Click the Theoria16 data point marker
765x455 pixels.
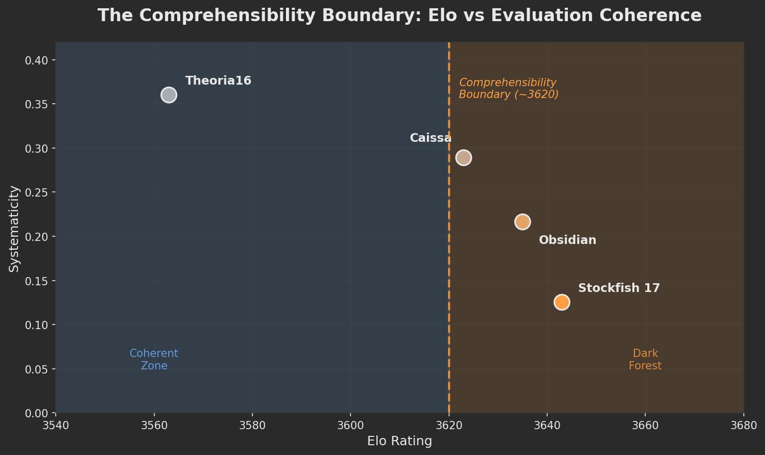[169, 95]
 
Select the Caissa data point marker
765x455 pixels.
[464, 157]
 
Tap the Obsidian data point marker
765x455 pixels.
[522, 222]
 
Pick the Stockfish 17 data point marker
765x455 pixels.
[562, 302]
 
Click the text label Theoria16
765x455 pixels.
[218, 81]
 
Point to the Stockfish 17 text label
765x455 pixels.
[618, 288]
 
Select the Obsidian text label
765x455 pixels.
[567, 240]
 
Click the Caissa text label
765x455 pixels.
[431, 138]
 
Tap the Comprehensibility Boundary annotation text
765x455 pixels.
[508, 89]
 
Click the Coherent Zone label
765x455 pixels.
[154, 360]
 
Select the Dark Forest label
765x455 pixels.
[645, 360]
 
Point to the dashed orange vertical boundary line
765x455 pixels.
[449, 258]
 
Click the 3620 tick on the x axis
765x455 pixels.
[449, 426]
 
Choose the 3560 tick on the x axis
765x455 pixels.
[154, 426]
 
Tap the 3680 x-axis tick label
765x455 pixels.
[743, 426]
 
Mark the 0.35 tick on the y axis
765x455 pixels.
[37, 105]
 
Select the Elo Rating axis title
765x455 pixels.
[400, 442]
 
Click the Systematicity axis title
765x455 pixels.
[14, 229]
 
